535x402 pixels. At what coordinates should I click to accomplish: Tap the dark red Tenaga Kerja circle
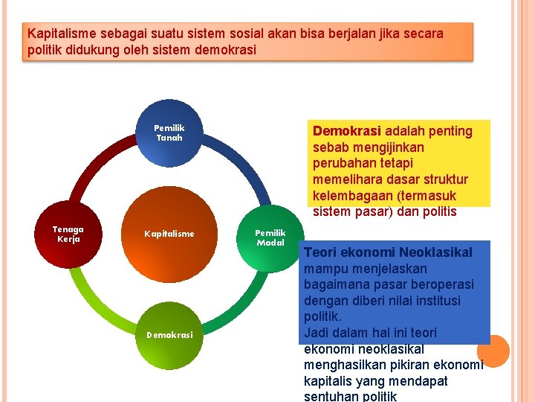pyautogui.click(x=68, y=234)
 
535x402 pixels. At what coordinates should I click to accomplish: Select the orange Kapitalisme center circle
pyautogui.click(x=169, y=234)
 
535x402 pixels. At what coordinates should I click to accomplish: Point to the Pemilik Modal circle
pyautogui.click(x=270, y=237)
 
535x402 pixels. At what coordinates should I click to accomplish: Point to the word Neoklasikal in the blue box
pyautogui.click(x=435, y=252)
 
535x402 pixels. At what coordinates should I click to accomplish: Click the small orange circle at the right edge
pyautogui.click(x=494, y=351)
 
